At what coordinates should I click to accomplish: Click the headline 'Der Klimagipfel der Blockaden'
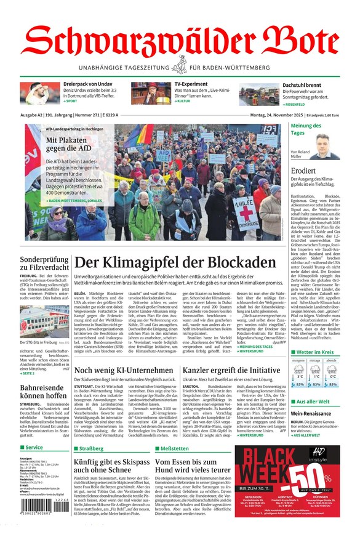point(175,262)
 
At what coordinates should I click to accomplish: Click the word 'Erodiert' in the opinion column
point(304,172)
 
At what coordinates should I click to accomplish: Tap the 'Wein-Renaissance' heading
point(311,413)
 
